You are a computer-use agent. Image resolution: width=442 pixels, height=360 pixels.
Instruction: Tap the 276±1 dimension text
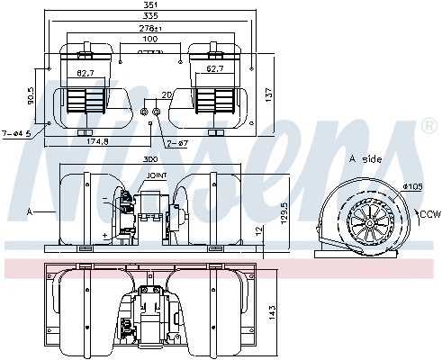point(150,29)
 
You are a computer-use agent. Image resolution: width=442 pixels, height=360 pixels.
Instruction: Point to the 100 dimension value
point(150,40)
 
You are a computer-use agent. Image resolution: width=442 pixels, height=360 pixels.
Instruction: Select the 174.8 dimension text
point(81,142)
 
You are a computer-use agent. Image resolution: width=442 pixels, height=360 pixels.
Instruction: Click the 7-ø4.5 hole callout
point(17,133)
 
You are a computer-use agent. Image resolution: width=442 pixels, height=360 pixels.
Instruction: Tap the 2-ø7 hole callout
point(179,143)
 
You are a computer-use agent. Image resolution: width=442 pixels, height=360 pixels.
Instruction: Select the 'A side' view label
point(365,158)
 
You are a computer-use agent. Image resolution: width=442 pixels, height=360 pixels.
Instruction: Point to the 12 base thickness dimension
point(257,232)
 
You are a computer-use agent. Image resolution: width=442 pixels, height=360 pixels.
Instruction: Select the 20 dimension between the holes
point(166,94)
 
